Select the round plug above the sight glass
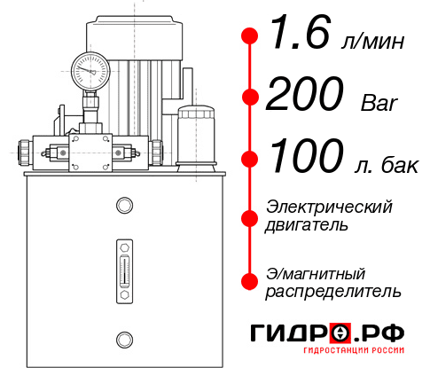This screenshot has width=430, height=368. click(x=123, y=206)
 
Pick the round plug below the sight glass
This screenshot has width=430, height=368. click(x=123, y=337)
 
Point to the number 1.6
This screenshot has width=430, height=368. click(x=294, y=37)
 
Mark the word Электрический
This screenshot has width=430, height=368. click(x=329, y=207)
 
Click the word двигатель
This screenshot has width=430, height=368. click(x=307, y=225)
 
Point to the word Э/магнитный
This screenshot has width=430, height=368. click(x=316, y=272)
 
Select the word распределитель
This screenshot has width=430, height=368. click(x=333, y=291)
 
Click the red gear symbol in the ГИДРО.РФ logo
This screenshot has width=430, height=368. click(x=340, y=334)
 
